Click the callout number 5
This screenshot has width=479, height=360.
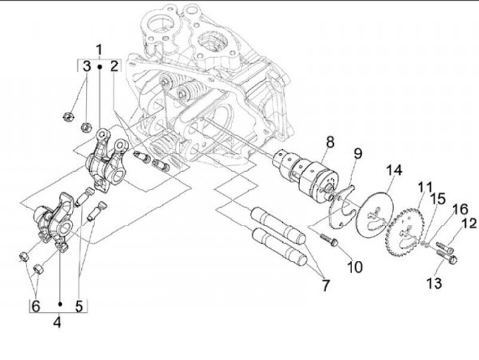tap(79, 306)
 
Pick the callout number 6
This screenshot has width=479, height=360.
tap(36, 306)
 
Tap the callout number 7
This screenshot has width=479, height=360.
tap(325, 286)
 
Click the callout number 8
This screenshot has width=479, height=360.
tap(329, 142)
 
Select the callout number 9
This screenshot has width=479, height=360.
tap(357, 154)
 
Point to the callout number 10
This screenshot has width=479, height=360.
tap(355, 267)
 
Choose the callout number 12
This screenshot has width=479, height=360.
tap(469, 224)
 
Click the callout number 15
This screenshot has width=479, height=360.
tap(437, 198)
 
